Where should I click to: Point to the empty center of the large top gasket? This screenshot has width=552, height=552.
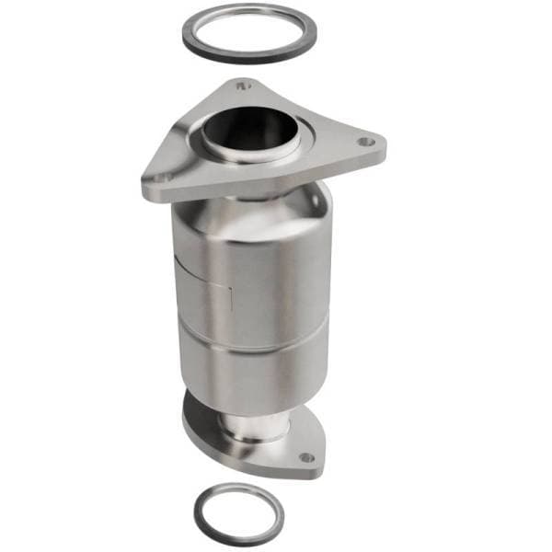coord(248,31)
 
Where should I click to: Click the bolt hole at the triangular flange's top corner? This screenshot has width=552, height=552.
coord(243,86)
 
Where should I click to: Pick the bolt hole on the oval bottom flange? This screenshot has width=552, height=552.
coord(306,456)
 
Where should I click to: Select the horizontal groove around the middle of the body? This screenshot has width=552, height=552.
coord(248,339)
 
